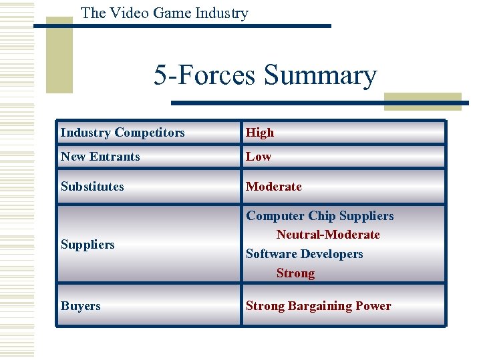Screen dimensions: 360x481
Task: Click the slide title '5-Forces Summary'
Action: [x=265, y=75]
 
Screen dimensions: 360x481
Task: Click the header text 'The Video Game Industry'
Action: [x=164, y=13]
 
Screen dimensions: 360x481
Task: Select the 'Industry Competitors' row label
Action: [x=123, y=133]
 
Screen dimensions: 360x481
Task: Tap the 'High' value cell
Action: [x=260, y=133]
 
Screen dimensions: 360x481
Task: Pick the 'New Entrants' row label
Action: [x=100, y=157]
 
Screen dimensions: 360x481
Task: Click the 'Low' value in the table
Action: [x=259, y=157]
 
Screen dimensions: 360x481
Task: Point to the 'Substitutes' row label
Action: [x=92, y=187]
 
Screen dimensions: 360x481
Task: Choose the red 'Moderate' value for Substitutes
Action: [x=274, y=187]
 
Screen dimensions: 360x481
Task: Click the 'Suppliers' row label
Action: [x=88, y=245]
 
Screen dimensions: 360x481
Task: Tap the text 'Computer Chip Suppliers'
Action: [x=320, y=216]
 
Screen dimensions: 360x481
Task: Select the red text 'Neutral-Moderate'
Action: [x=328, y=235]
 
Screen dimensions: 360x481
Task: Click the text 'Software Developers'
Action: [x=305, y=254]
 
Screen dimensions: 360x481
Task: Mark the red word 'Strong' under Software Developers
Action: [x=295, y=273]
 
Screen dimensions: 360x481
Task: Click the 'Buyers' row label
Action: [x=81, y=306]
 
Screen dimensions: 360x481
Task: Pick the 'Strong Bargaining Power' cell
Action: [x=319, y=306]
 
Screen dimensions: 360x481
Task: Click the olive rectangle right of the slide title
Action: [x=422, y=101]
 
